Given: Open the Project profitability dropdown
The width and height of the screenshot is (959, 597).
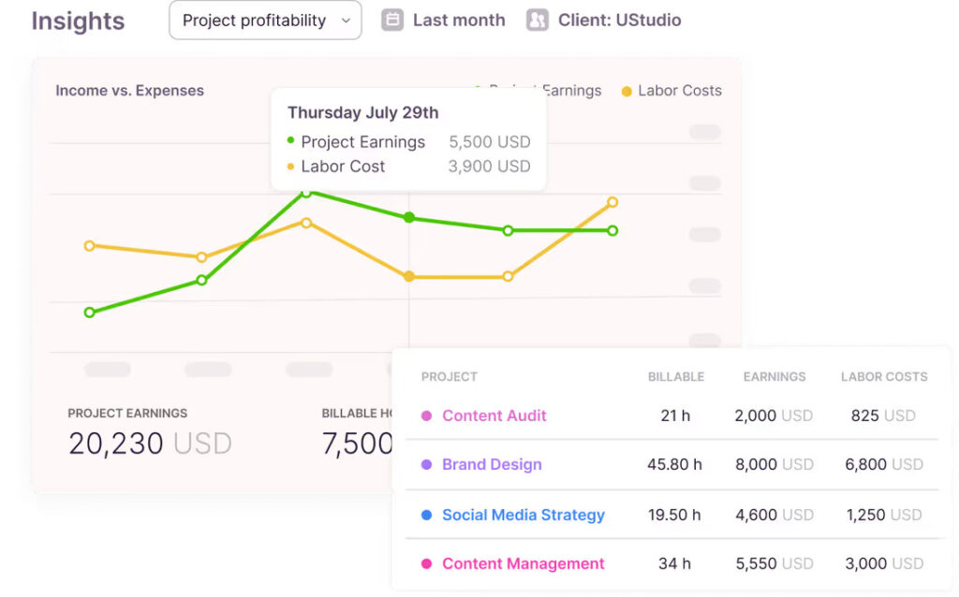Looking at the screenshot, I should [265, 21].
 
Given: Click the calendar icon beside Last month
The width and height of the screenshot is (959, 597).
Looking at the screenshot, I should [392, 20].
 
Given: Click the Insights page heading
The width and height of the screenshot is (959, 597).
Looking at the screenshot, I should [78, 21].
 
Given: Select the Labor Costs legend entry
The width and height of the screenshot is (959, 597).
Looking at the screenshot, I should [679, 91].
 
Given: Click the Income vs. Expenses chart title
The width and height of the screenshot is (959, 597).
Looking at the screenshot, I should [129, 91].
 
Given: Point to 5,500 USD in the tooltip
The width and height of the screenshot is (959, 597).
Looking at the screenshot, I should [490, 142].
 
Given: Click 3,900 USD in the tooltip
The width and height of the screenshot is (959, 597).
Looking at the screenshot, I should [490, 167].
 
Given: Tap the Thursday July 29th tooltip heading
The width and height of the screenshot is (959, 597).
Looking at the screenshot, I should [362, 113].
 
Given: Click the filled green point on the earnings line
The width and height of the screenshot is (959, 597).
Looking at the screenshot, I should [408, 217].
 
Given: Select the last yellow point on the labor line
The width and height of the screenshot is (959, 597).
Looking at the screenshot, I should [612, 202].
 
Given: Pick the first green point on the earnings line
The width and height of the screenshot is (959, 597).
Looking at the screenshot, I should [90, 313].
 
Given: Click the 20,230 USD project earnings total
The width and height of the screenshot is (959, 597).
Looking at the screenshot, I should [149, 444].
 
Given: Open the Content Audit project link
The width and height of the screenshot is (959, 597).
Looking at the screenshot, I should [494, 415].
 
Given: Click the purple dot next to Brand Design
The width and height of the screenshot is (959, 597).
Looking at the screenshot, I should [426, 464].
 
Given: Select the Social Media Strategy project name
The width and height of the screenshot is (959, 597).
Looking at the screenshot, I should [523, 515].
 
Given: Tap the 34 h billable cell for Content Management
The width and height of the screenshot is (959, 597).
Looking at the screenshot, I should [674, 563].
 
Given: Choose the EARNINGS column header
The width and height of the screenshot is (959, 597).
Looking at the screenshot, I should [775, 377].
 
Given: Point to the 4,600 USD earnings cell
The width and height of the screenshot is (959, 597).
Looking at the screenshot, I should [774, 515].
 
